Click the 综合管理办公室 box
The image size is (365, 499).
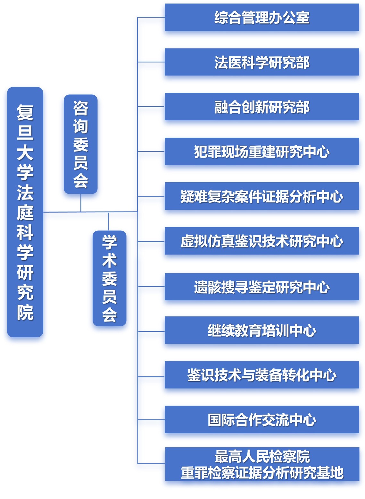pos(261,17)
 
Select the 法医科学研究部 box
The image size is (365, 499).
pos(261,62)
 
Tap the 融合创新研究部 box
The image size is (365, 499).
pos(261,107)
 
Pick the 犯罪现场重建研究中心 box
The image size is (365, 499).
pos(261,151)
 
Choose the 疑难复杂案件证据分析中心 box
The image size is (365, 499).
pos(261,196)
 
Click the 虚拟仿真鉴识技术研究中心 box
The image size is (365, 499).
pos(261,241)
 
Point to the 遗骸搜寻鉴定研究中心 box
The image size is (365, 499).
pos(261,287)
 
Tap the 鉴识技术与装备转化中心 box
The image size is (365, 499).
pos(261,374)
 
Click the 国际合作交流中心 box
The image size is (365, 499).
pos(261,419)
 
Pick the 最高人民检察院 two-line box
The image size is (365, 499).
pos(261,464)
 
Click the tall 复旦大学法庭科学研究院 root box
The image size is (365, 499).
pos(25,212)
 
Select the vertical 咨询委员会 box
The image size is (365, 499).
pos(80,144)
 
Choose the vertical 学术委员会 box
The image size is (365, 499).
pos(109,278)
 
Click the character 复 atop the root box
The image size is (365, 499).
pos(25,112)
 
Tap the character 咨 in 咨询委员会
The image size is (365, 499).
pos(80,108)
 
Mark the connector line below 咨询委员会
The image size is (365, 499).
pos(81,203)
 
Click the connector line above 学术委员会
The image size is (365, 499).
pos(108,221)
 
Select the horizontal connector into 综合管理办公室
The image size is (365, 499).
pos(151,17)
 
